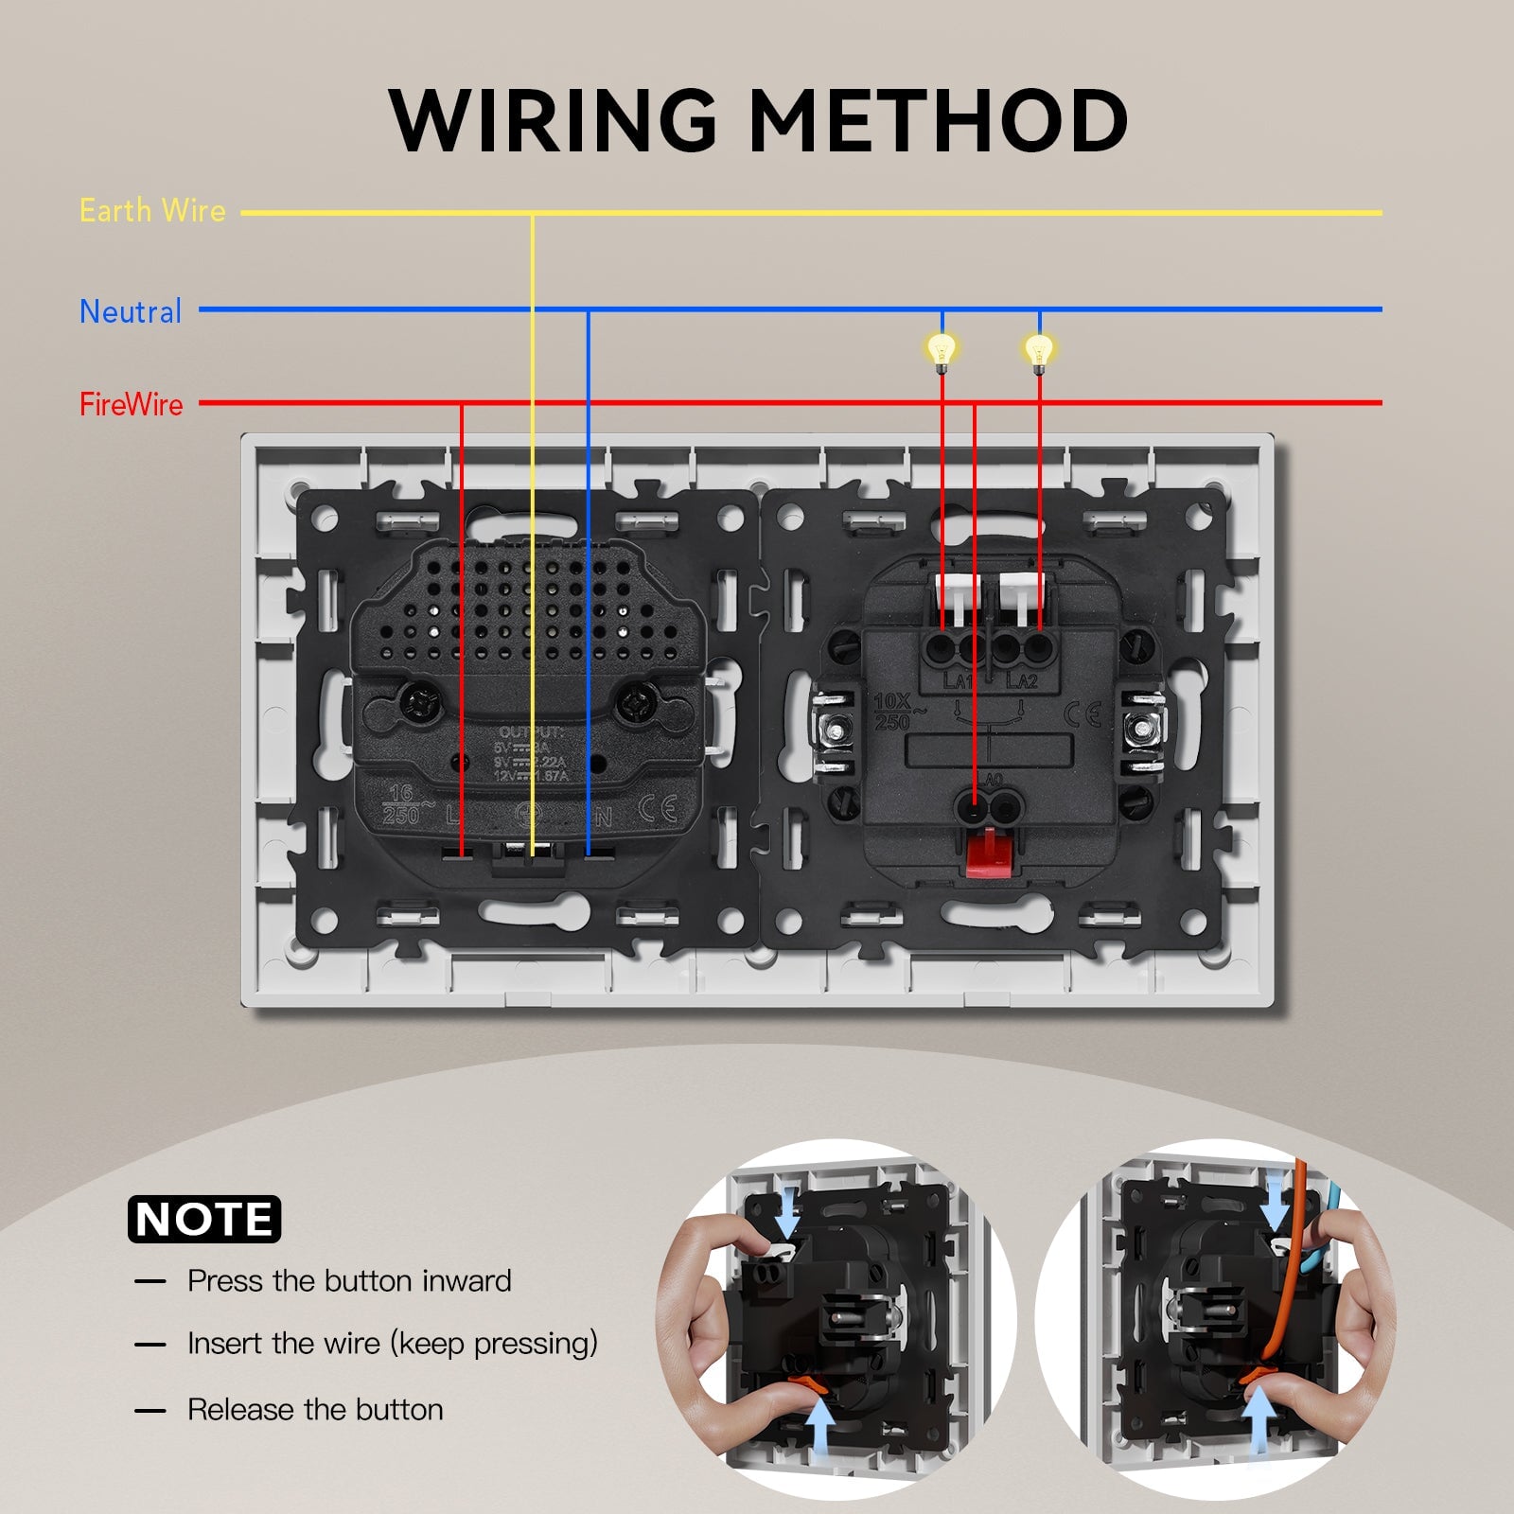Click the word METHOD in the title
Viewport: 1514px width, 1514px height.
pyautogui.click(x=938, y=120)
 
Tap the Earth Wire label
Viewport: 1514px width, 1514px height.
pyautogui.click(x=152, y=210)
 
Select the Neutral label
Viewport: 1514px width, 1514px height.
pyautogui.click(x=131, y=311)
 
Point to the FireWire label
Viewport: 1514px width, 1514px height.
pyautogui.click(x=132, y=404)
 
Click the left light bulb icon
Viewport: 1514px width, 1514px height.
pyautogui.click(x=942, y=350)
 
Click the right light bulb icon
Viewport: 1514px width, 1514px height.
pyautogui.click(x=1039, y=350)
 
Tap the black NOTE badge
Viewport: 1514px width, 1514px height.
pyautogui.click(x=204, y=1219)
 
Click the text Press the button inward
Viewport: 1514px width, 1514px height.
pyautogui.click(x=349, y=1280)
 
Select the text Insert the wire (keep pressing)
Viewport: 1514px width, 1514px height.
pyautogui.click(x=393, y=1344)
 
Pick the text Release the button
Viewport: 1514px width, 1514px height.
pyautogui.click(x=315, y=1409)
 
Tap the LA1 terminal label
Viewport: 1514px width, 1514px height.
pyautogui.click(x=957, y=681)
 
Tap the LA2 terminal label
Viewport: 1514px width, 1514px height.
pyautogui.click(x=1022, y=681)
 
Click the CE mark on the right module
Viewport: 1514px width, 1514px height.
pyautogui.click(x=1082, y=714)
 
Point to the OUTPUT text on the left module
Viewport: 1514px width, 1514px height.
pyautogui.click(x=531, y=732)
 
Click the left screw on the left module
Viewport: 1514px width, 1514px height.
pyautogui.click(x=417, y=702)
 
